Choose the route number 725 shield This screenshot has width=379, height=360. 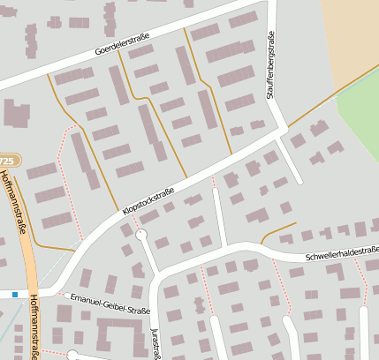tap(7, 161)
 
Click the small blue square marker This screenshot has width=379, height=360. tap(15, 294)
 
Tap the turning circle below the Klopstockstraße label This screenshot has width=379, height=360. tap(140, 235)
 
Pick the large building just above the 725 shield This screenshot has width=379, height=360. tap(16, 114)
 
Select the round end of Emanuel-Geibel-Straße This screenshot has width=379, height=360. tap(73, 356)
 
